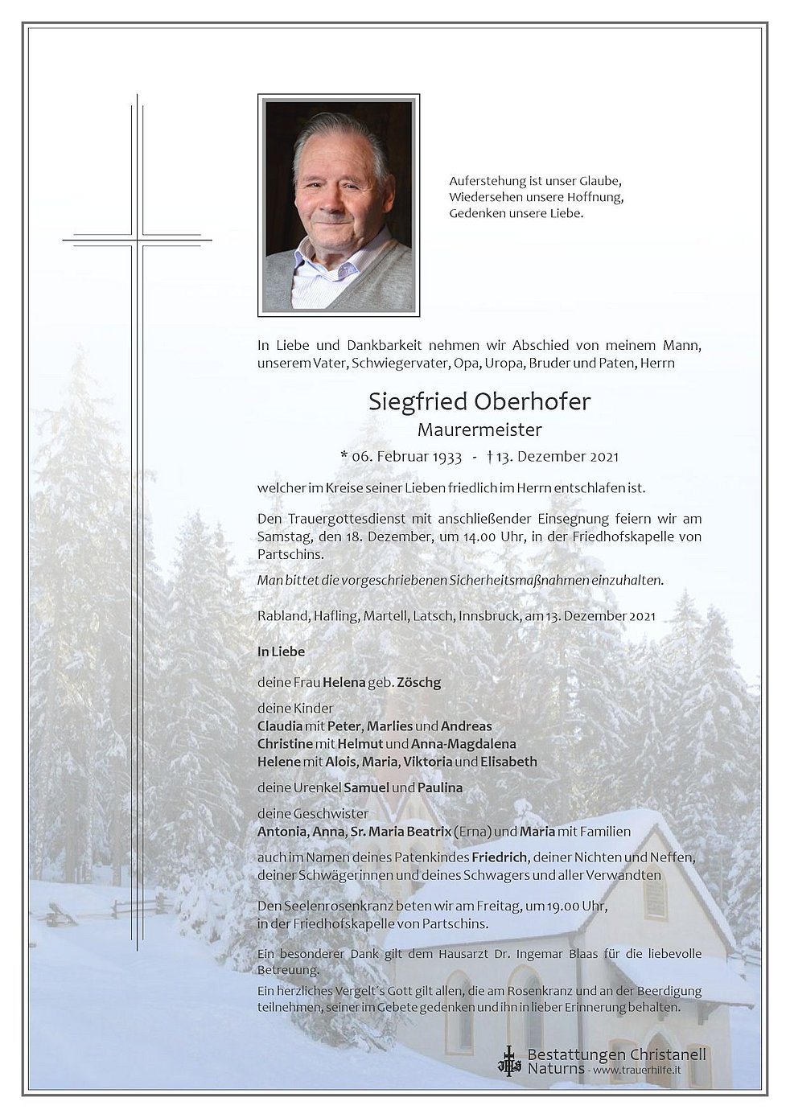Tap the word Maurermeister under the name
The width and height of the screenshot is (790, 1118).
(479, 430)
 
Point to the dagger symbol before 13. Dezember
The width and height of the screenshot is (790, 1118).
(490, 456)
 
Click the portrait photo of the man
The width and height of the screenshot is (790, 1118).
(339, 205)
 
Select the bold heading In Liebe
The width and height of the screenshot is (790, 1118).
(281, 651)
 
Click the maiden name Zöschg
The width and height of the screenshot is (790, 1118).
(418, 682)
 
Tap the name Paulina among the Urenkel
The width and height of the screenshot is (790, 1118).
(440, 788)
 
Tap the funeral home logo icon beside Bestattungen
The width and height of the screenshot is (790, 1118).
(509, 1060)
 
